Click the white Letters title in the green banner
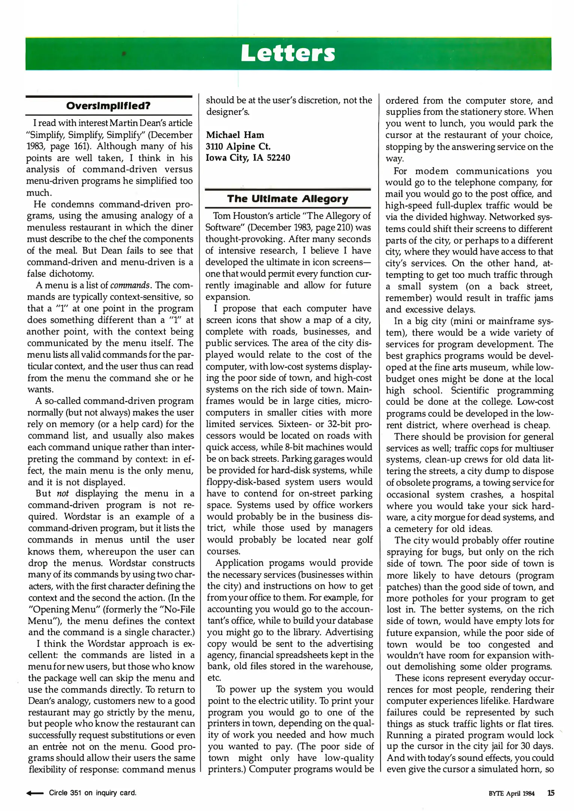pyautogui.click(x=288, y=53)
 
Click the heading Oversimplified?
pyautogui.click(x=108, y=106)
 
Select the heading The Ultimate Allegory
pyautogui.click(x=288, y=199)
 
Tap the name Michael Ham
pyautogui.click(x=235, y=135)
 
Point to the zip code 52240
pyautogui.click(x=278, y=158)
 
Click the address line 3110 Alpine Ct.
pyautogui.click(x=238, y=146)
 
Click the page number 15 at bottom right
pyautogui.click(x=550, y=793)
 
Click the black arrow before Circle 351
pyautogui.click(x=35, y=793)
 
